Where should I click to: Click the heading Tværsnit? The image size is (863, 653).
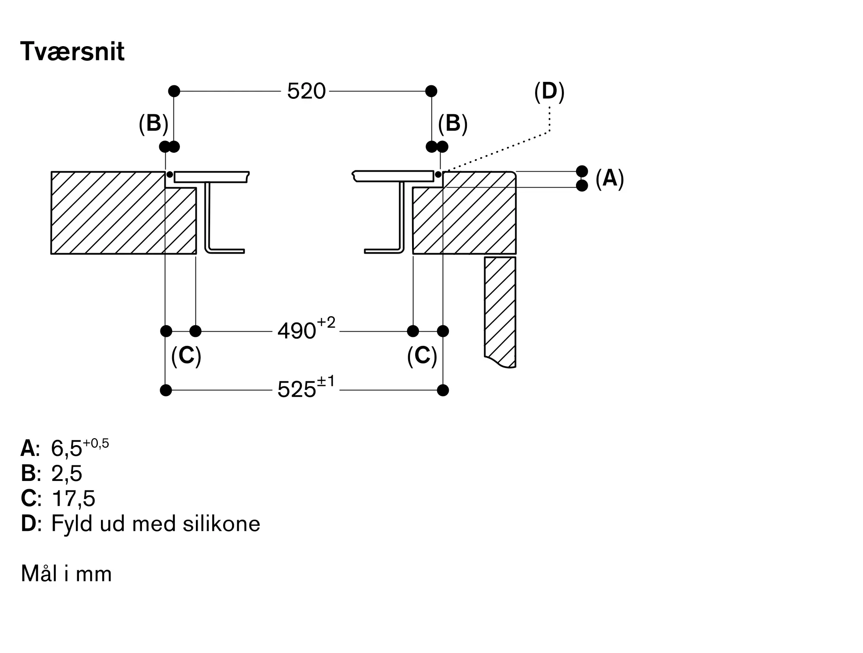point(72,52)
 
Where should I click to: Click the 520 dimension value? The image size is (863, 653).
point(306,91)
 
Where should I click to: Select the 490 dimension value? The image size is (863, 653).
point(297,331)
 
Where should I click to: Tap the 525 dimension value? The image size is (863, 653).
point(297,390)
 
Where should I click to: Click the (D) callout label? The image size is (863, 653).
point(549,91)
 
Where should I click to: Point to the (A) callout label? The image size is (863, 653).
point(609,178)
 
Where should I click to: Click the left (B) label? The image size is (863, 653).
point(153,123)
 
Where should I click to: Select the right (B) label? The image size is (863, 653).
point(453,123)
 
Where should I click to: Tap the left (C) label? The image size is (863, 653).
point(186,356)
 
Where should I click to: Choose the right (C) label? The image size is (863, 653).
point(422,356)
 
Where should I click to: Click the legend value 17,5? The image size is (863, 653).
point(73,499)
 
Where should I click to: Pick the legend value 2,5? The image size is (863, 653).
point(66,474)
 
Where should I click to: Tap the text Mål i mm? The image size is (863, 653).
point(66,574)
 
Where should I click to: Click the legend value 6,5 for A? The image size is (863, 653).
point(66,449)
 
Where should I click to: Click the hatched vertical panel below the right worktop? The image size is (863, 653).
point(500,311)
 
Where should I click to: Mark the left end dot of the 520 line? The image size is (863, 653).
point(174,91)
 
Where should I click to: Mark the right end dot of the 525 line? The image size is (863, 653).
point(443,390)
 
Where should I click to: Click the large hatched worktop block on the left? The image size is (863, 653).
point(108,213)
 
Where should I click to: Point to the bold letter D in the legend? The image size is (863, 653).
point(28,524)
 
